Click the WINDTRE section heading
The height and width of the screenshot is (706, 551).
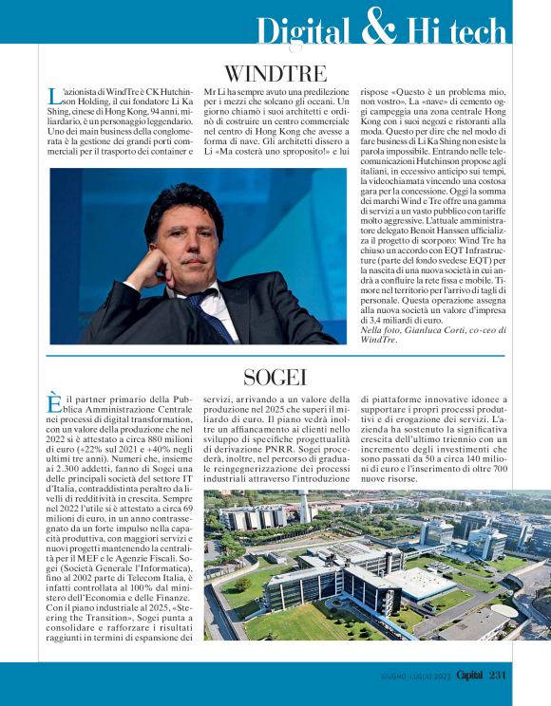tap(275, 74)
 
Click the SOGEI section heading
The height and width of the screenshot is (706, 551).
tap(275, 378)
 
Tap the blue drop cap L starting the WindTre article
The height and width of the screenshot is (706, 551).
tap(53, 96)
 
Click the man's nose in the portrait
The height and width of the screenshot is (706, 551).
tap(192, 245)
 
